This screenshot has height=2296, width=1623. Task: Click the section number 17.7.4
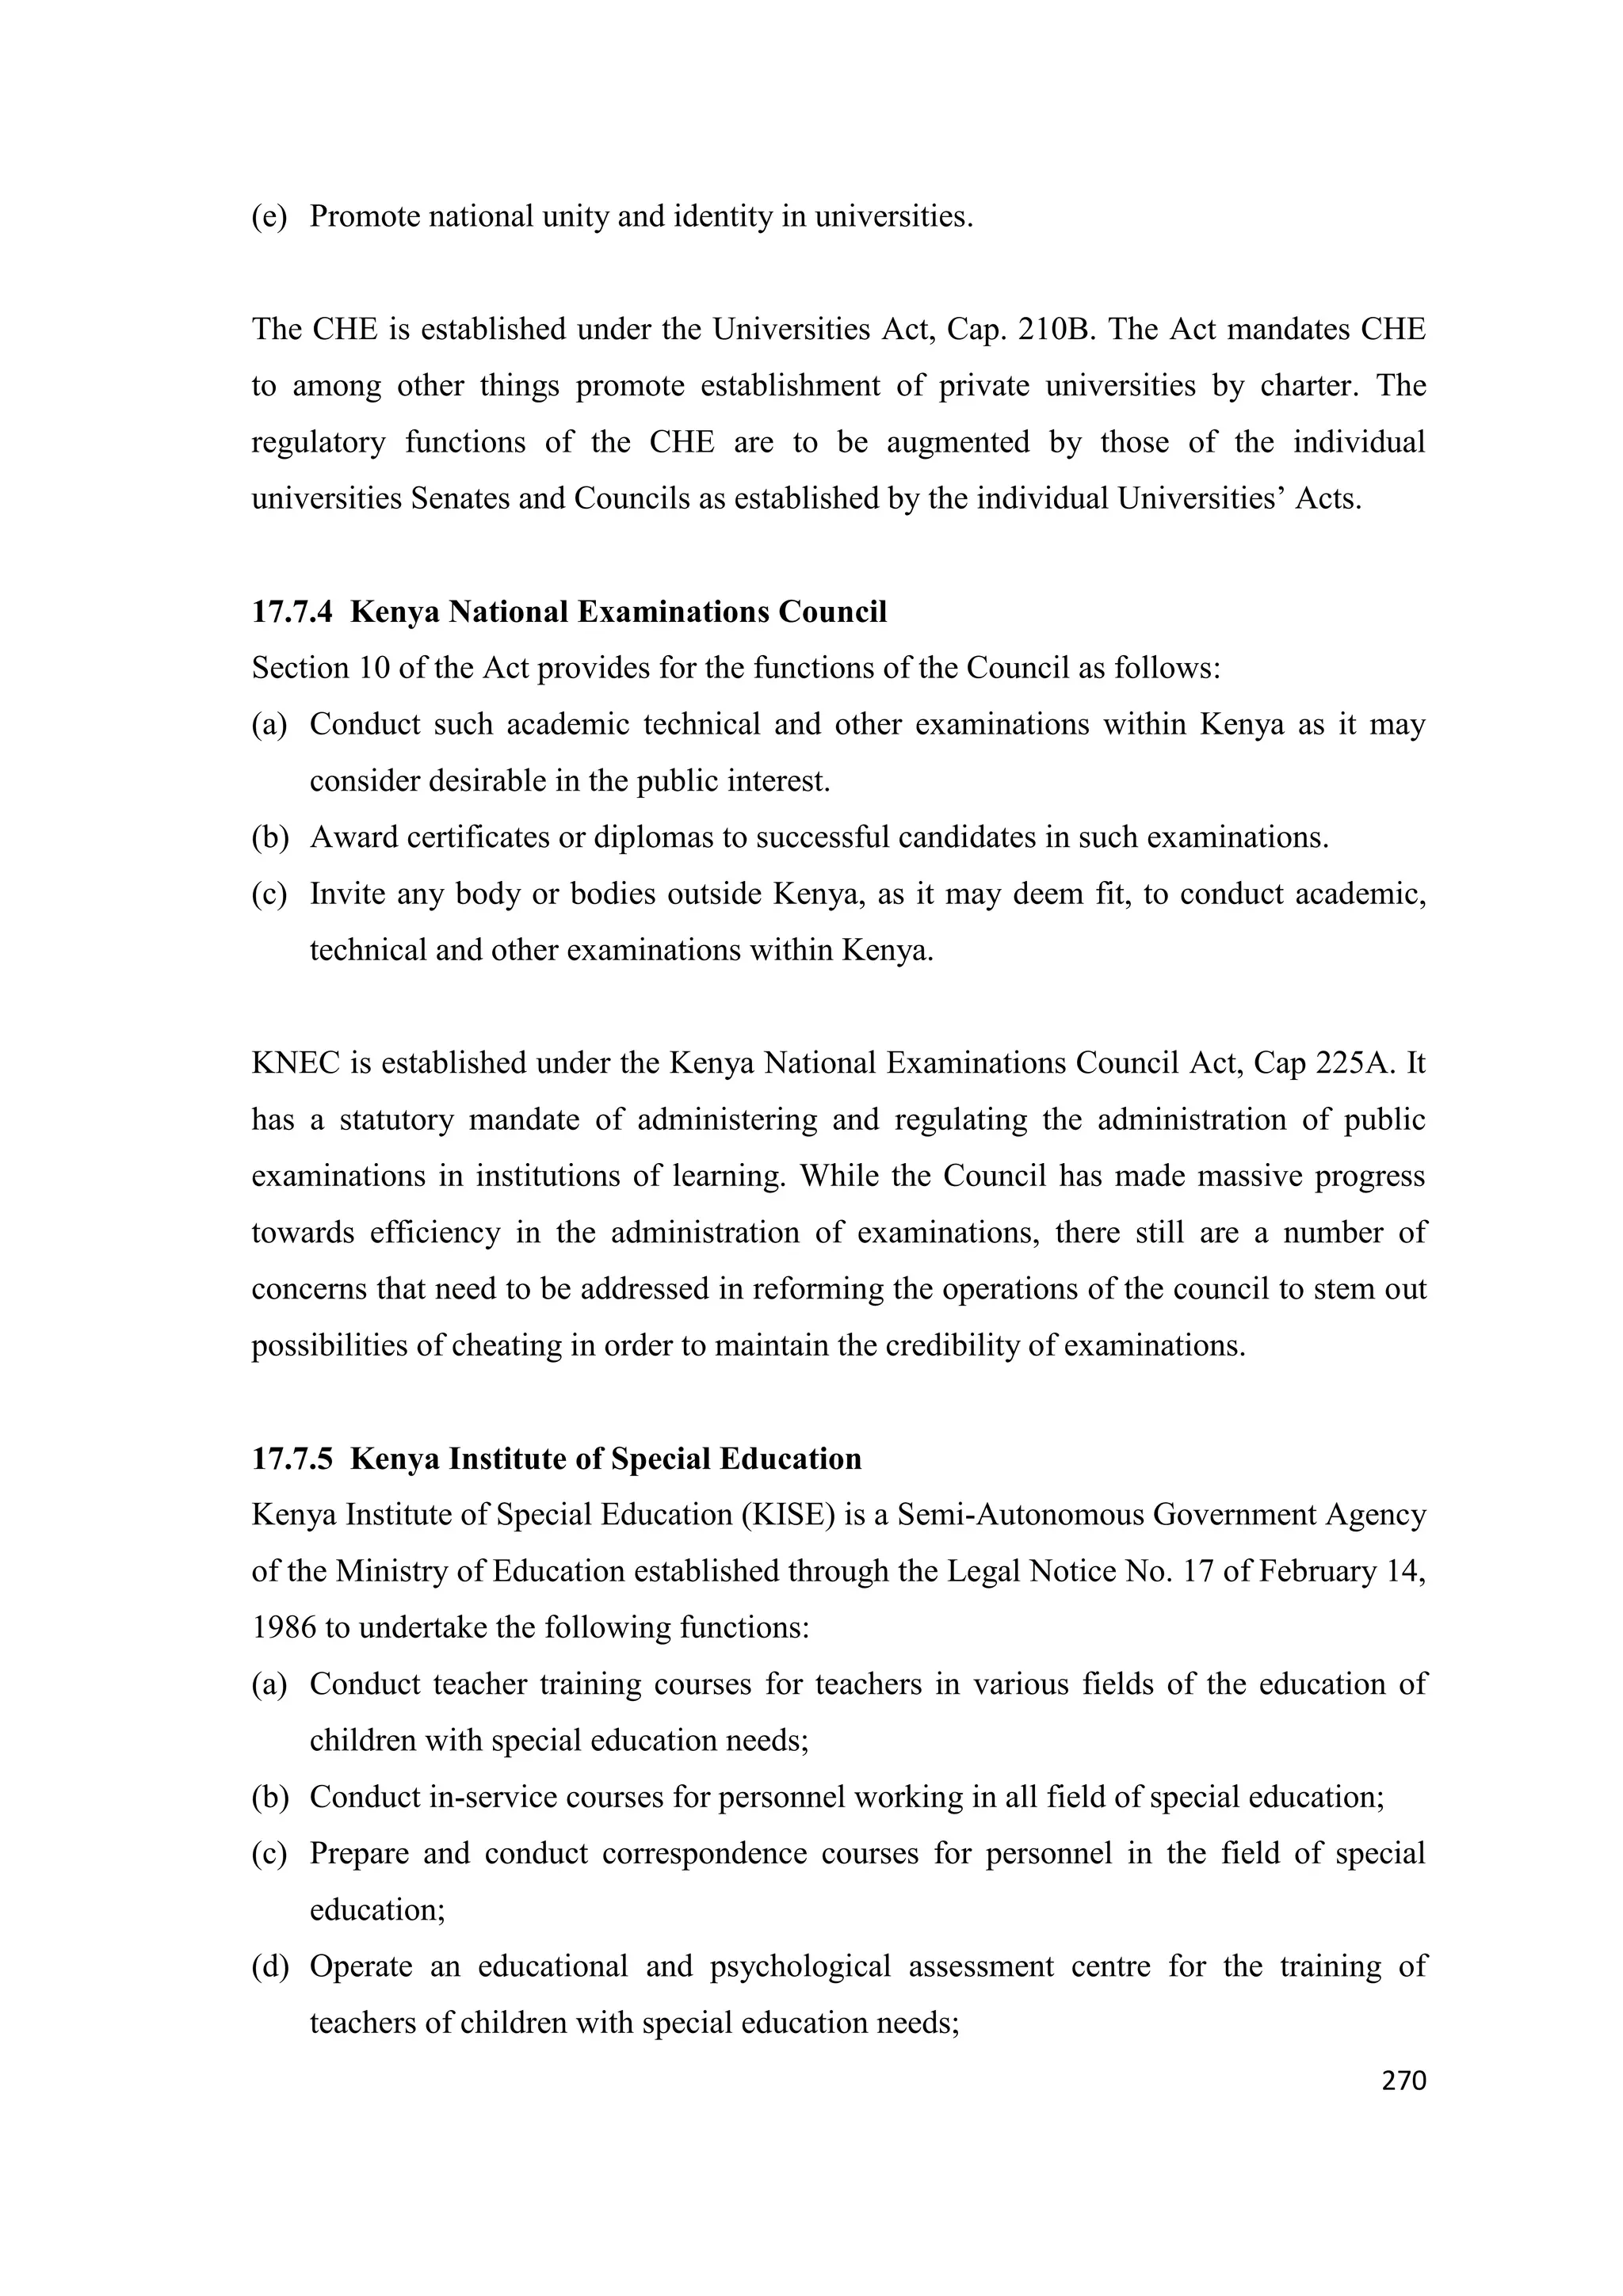(291, 612)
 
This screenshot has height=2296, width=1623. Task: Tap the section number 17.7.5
(291, 1459)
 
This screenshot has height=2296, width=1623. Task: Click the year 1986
(283, 1628)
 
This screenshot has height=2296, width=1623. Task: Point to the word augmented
(958, 442)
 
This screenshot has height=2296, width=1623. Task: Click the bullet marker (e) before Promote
(268, 217)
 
